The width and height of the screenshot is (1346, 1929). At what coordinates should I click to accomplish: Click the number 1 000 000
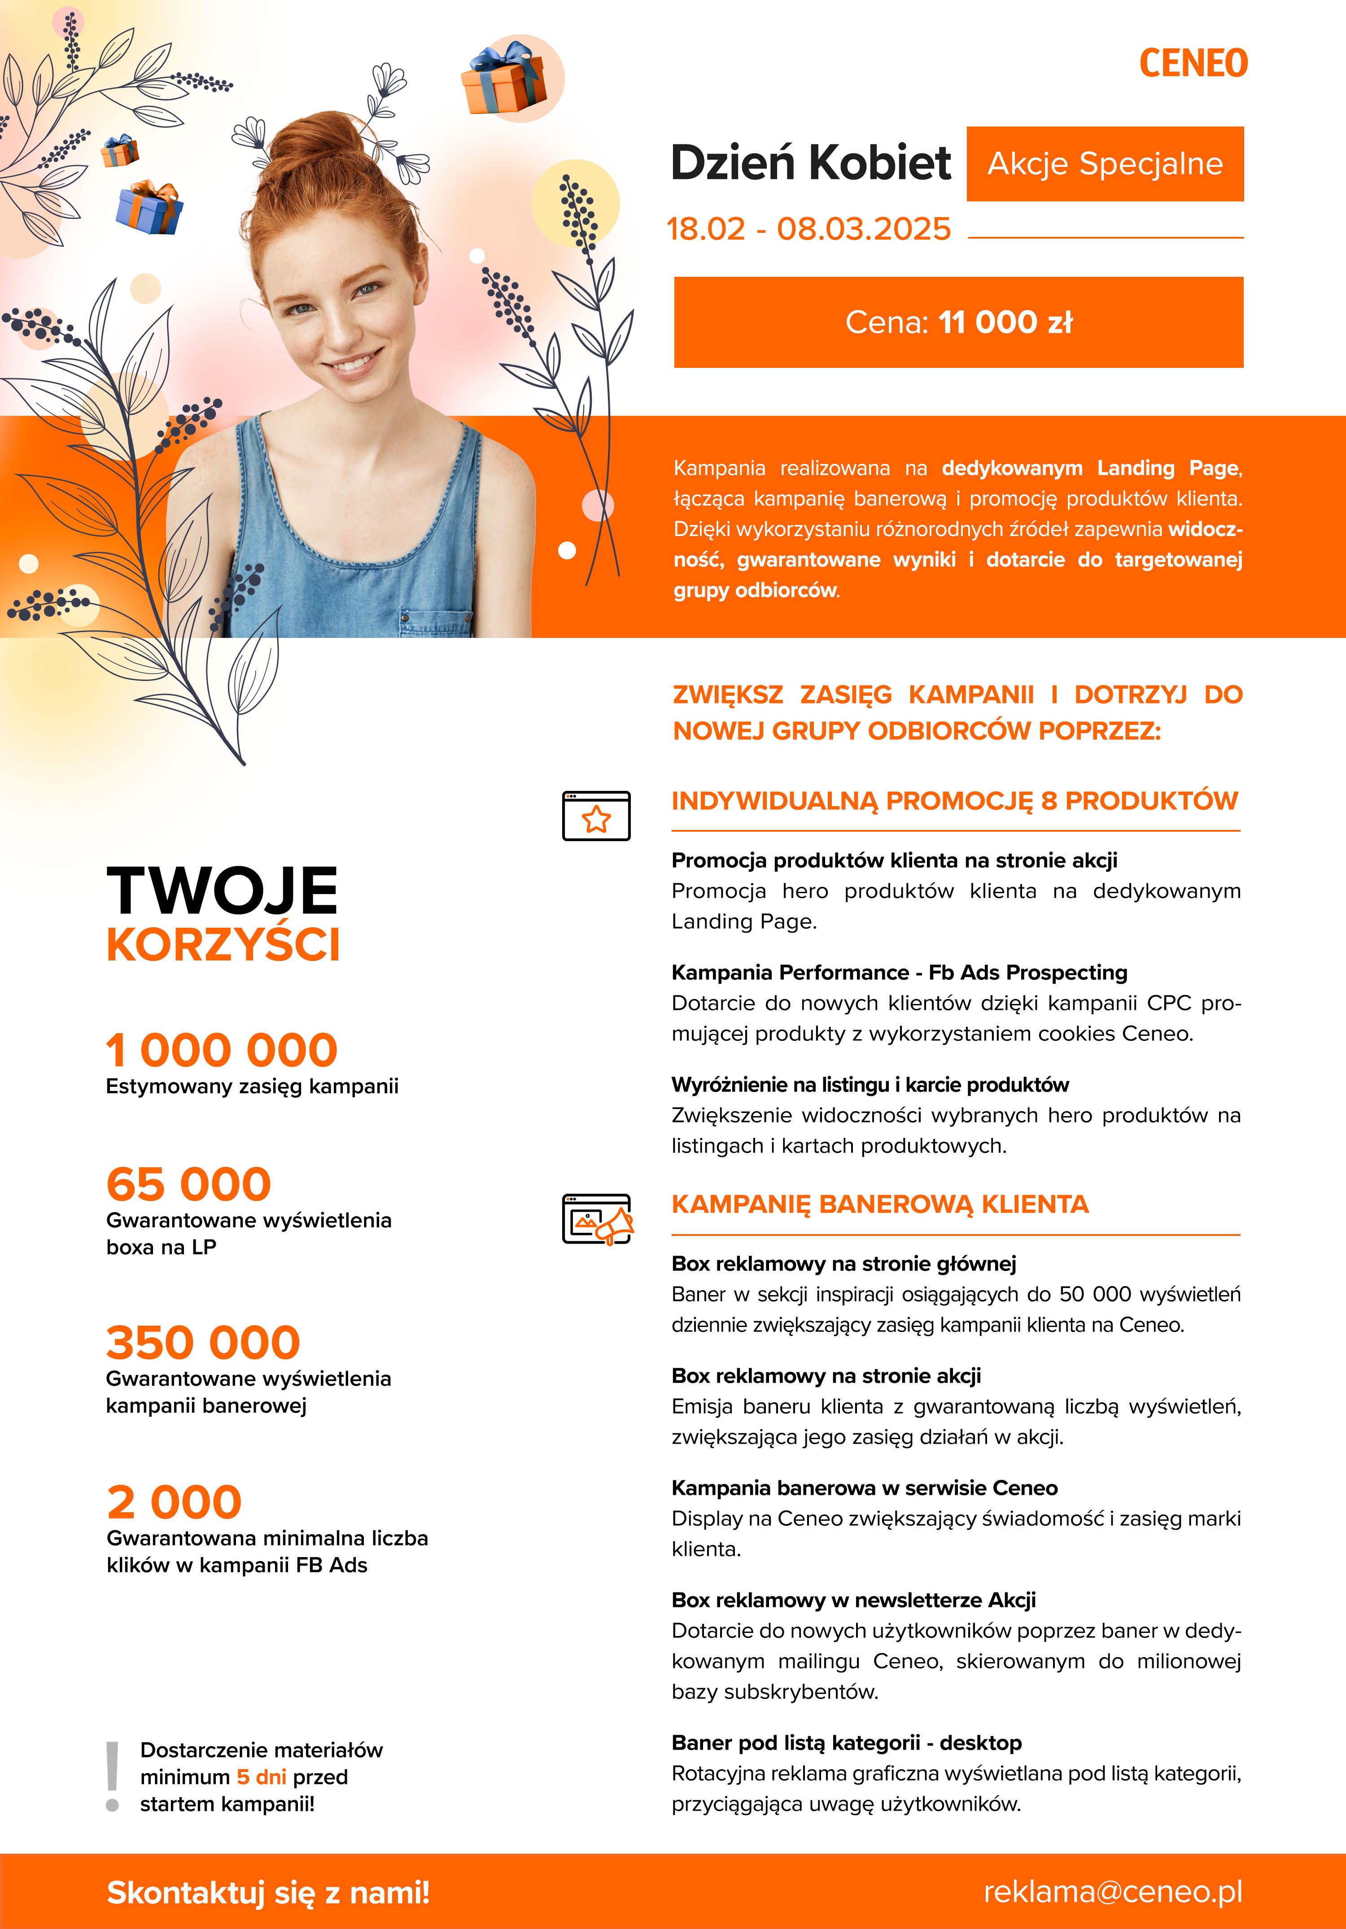point(222,1050)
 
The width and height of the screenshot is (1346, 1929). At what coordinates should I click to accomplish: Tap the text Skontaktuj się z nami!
point(268,1893)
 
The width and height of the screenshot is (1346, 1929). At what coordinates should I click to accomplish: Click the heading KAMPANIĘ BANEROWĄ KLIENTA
point(880,1204)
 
